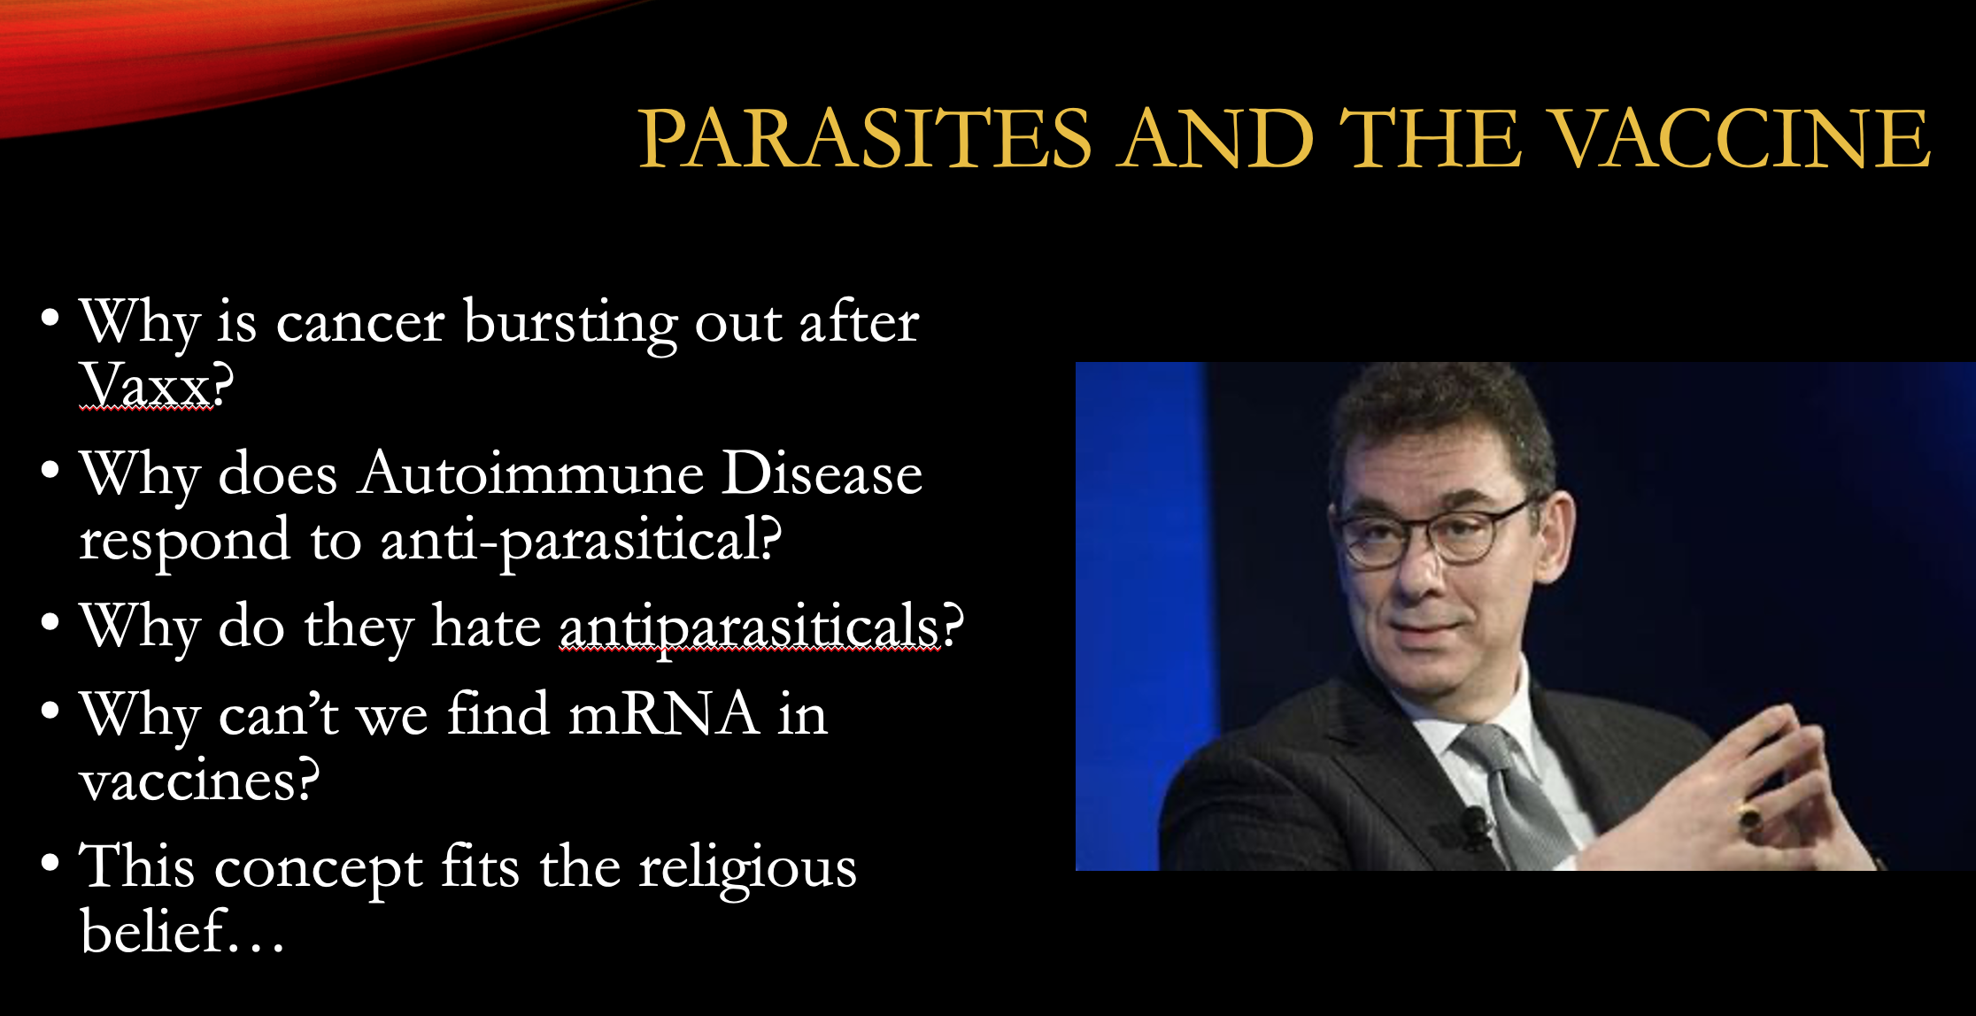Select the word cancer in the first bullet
360,323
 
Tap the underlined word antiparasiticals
749,627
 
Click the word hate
486,627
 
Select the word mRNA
663,714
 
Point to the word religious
748,868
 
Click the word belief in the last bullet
151,931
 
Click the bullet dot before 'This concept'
50,862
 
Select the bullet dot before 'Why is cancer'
50,317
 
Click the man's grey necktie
1518,792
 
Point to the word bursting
570,324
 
